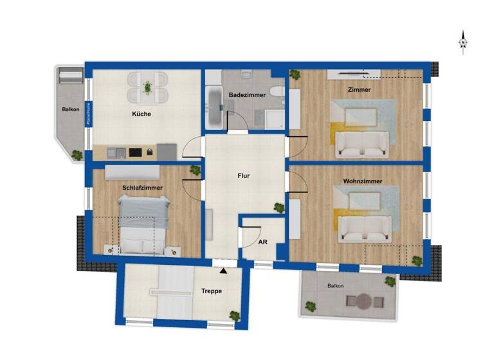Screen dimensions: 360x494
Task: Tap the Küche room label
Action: pyautogui.click(x=142, y=114)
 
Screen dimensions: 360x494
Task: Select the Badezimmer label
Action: pyautogui.click(x=248, y=94)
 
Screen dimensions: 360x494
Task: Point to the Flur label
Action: pyautogui.click(x=243, y=175)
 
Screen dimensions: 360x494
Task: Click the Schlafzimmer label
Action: pyautogui.click(x=142, y=188)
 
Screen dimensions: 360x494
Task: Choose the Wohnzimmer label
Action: pyautogui.click(x=363, y=181)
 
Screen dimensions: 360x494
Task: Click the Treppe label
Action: pyautogui.click(x=212, y=291)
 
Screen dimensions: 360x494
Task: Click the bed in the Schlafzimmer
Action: pyautogui.click(x=143, y=226)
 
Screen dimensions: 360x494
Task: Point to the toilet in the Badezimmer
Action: pyautogui.click(x=277, y=92)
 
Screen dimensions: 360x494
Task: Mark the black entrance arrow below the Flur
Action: pyautogui.click(x=224, y=271)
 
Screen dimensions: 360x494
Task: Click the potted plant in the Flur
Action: pyautogui.click(x=279, y=208)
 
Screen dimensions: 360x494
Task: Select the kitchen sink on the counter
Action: pyautogui.click(x=116, y=152)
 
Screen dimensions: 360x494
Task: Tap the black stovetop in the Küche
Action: pyautogui.click(x=135, y=152)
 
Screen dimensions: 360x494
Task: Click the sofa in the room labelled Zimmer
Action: pyautogui.click(x=363, y=144)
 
